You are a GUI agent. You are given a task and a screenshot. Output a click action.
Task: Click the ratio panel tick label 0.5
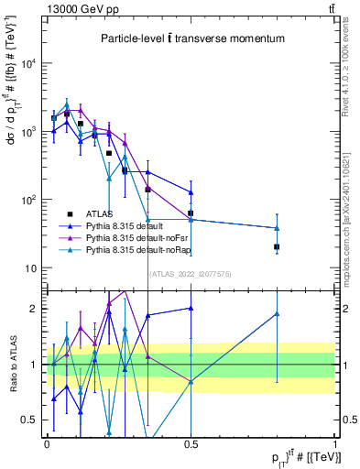(33, 420)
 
